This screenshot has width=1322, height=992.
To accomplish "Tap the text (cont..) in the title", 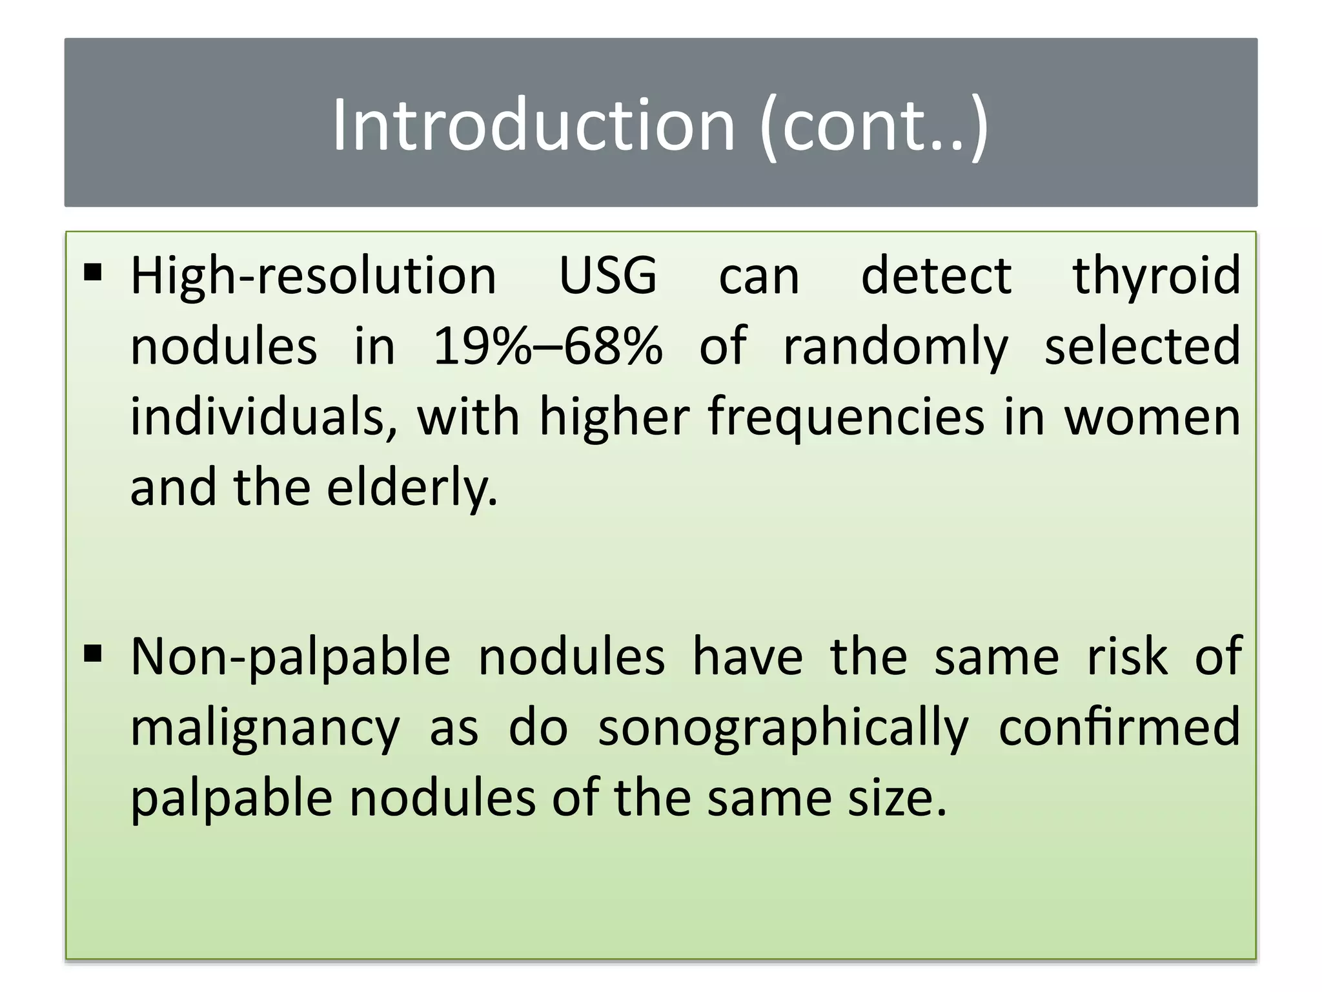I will pyautogui.click(x=874, y=126).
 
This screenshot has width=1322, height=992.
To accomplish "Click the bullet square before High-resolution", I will pyautogui.click(x=94, y=273).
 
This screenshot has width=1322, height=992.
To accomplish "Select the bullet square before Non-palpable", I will pyautogui.click(x=94, y=654).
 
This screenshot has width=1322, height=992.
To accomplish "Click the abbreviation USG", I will pyautogui.click(x=607, y=276).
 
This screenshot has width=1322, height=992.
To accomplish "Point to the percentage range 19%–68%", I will pyautogui.click(x=547, y=346).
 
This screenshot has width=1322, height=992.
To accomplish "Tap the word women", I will pyautogui.click(x=1152, y=418).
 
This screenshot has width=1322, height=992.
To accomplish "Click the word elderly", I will pyautogui.click(x=412, y=489).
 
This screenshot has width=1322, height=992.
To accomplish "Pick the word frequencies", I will pyautogui.click(x=846, y=418).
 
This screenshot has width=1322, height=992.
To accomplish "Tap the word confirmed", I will pyautogui.click(x=1119, y=727).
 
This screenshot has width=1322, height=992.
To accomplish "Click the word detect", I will pyautogui.click(x=936, y=276).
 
